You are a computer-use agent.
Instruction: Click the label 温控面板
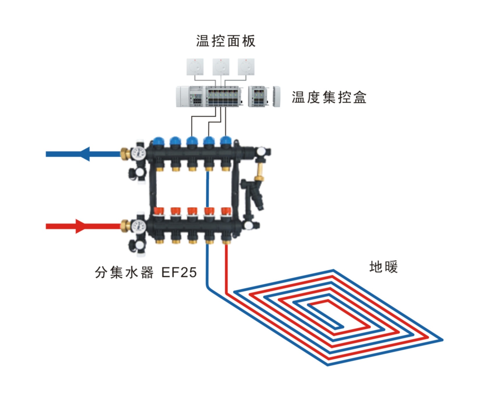pos(226,41)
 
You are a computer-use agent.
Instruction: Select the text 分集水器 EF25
pos(146,272)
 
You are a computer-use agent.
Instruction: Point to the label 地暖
pos(383,267)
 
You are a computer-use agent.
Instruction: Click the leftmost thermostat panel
pos(195,67)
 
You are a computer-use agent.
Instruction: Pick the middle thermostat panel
pos(221,67)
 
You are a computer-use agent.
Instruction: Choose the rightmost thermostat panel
pos(246,67)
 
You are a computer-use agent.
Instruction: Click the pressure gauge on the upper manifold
pos(138,153)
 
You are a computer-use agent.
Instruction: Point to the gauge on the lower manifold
pos(138,225)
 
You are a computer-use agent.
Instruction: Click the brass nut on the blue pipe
pos(125,153)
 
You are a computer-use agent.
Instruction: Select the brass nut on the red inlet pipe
pos(125,225)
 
